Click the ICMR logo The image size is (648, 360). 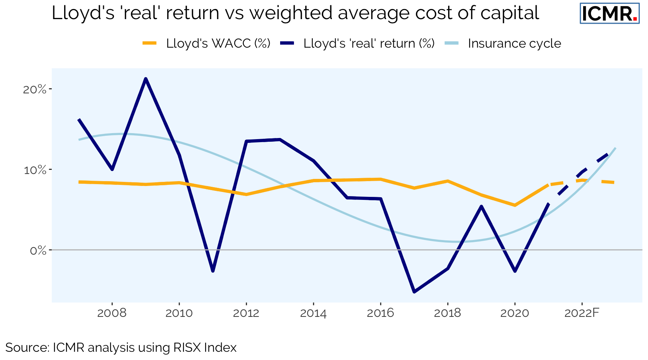pos(609,13)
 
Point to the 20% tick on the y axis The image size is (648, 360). pos(35,89)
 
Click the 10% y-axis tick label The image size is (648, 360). pos(35,170)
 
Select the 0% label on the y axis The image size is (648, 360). pos(38,250)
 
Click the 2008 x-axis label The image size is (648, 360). pos(112,313)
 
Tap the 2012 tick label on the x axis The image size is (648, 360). pos(246,313)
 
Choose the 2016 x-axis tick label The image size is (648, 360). pos(380,313)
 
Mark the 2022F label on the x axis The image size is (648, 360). pos(582,313)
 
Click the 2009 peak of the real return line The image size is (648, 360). pos(145,79)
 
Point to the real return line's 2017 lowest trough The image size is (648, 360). pos(414,291)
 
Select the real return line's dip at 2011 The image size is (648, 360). pos(213,270)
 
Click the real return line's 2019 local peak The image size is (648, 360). pos(481,206)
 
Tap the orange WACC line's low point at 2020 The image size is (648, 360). pos(515,205)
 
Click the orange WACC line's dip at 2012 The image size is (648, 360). pos(246,194)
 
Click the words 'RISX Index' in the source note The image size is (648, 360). pos(205,348)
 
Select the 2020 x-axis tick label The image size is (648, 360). pos(514,313)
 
